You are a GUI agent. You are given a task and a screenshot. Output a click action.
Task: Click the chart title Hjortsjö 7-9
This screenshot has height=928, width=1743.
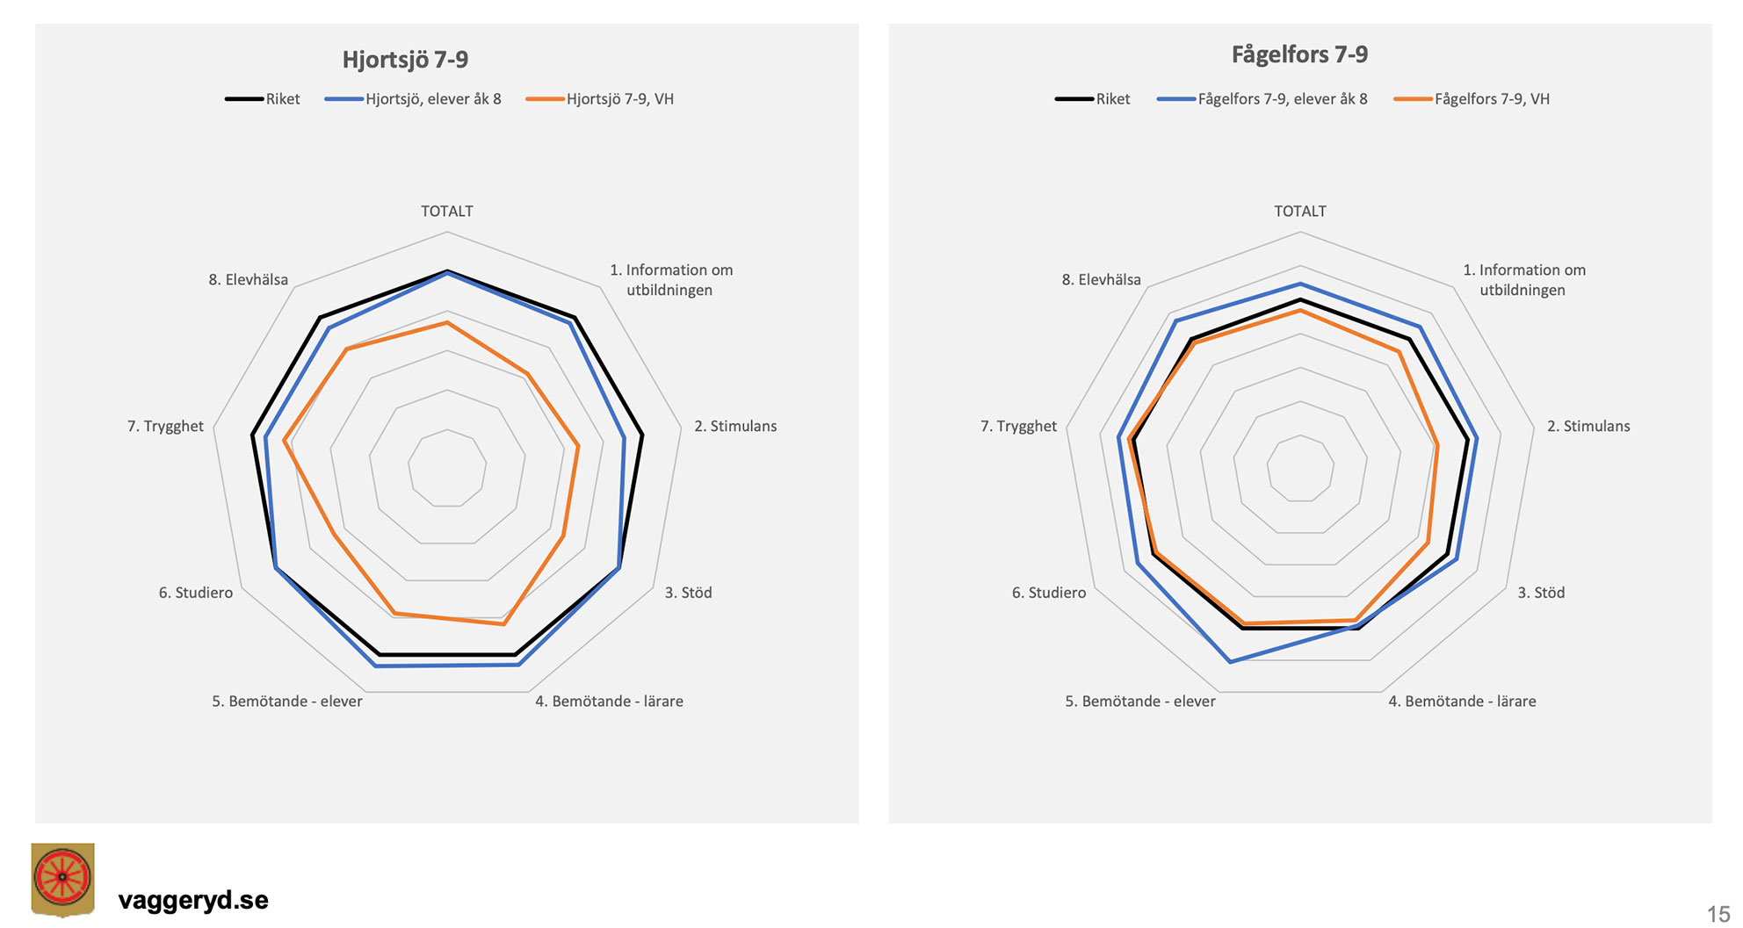pos(405,60)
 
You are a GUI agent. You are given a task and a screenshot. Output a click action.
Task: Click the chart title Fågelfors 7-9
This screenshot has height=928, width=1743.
pos(1299,54)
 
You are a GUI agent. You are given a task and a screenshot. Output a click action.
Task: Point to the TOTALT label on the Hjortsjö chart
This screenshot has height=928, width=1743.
pos(446,212)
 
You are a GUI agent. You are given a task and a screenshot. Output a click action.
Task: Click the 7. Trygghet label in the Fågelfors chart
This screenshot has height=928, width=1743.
pos(1018,427)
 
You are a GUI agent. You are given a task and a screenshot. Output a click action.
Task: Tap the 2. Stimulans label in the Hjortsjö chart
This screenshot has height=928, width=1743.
pos(735,427)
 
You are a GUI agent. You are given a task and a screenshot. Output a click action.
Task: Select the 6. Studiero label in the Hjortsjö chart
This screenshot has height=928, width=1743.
pos(196,593)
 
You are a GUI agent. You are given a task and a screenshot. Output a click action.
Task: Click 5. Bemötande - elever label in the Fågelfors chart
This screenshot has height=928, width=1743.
pos(1139,701)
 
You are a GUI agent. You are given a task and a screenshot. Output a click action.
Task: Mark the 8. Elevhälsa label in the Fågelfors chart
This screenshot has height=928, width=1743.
pos(1101,280)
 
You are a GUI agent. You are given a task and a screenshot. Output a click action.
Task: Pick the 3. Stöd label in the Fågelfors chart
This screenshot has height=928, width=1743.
pos(1541,593)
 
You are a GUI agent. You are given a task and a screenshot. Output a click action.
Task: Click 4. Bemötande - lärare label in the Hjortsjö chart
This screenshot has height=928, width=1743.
pos(609,701)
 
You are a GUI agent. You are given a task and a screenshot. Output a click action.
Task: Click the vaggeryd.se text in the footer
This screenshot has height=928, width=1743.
pos(193,900)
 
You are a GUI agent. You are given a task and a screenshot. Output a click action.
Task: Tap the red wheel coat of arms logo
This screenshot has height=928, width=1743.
pos(62,879)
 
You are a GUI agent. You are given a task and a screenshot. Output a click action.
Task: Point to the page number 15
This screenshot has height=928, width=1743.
pos(1718,914)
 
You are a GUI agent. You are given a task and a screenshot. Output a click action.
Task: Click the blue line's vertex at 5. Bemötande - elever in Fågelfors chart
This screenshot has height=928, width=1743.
pos(1230,661)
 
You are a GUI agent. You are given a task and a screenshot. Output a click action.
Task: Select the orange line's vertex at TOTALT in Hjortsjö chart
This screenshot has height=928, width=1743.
pos(447,323)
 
